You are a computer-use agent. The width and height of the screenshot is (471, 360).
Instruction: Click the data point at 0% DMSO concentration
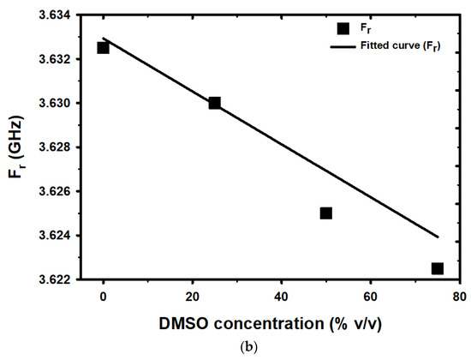pyautogui.click(x=103, y=47)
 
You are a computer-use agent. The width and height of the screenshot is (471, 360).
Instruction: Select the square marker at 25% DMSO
pyautogui.click(x=214, y=103)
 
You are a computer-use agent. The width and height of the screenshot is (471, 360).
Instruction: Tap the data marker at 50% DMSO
pyautogui.click(x=326, y=213)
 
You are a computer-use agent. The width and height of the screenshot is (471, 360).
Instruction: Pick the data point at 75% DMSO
pyautogui.click(x=438, y=268)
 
